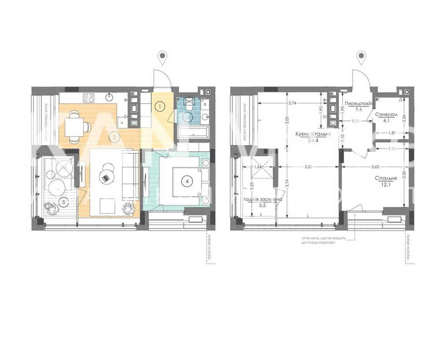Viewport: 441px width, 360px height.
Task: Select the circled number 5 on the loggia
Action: tap(64, 202)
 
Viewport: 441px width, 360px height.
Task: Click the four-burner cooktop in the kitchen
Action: tap(88, 98)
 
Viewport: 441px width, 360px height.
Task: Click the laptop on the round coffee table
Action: tap(106, 178)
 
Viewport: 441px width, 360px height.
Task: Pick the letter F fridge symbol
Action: tap(122, 123)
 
